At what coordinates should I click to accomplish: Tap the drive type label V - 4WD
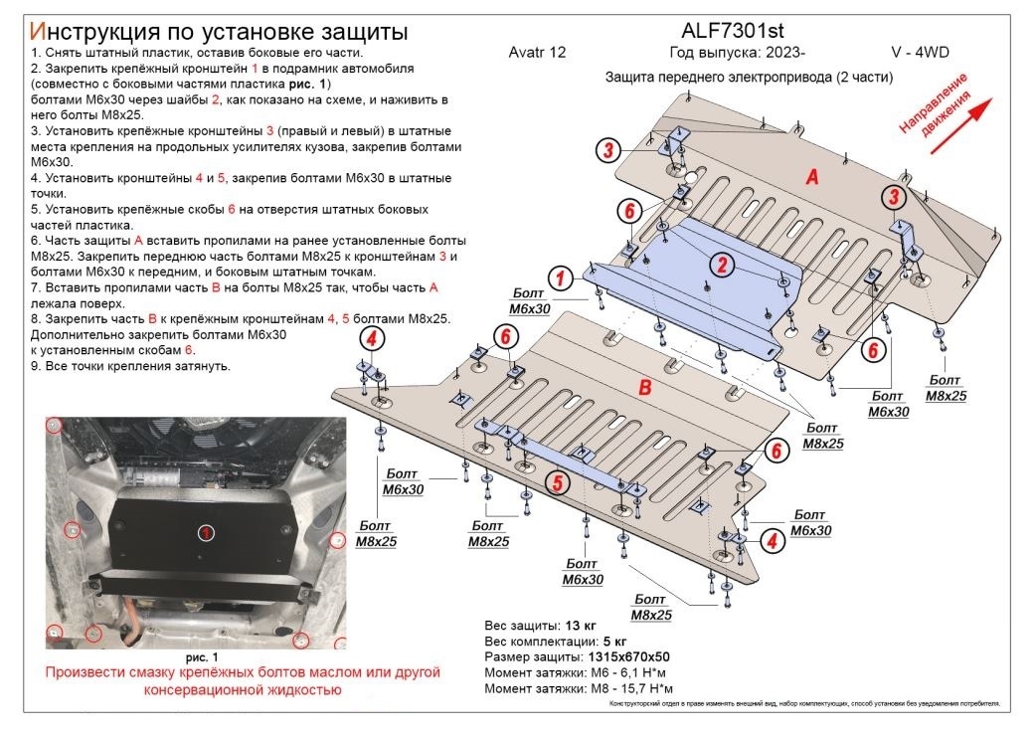(921, 53)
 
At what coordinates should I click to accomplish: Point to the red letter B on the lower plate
(643, 387)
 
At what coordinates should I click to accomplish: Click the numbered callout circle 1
(561, 277)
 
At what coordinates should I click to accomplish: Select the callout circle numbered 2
(722, 263)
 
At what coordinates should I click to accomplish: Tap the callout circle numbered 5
(557, 482)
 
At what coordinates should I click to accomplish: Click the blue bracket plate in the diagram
(696, 283)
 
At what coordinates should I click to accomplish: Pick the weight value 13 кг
(581, 626)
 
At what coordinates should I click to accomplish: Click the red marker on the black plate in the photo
(205, 533)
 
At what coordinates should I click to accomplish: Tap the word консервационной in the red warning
(174, 689)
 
